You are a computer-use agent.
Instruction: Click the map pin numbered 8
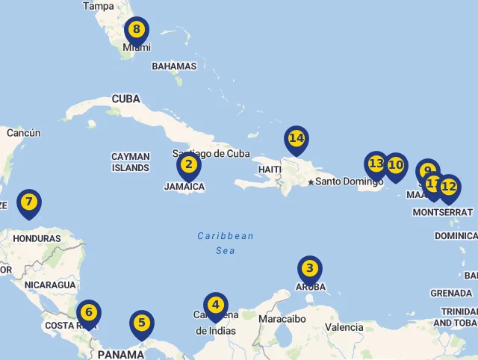tap(136, 31)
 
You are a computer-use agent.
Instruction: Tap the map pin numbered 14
tap(297, 139)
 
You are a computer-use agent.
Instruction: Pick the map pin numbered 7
tap(28, 202)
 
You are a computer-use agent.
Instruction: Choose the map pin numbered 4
tap(215, 305)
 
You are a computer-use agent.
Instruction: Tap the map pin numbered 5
tap(141, 324)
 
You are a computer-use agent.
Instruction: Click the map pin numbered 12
tap(449, 188)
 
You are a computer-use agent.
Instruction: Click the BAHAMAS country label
tap(174, 66)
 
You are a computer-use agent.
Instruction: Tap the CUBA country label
tap(125, 99)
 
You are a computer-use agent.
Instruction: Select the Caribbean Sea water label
tap(226, 243)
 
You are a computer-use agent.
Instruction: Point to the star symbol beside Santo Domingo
tap(310, 181)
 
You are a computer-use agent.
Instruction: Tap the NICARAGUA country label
tap(50, 285)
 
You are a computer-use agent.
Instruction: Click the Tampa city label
tap(99, 6)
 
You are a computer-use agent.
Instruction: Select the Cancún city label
tap(23, 133)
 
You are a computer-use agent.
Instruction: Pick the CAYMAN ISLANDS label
tap(131, 162)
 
